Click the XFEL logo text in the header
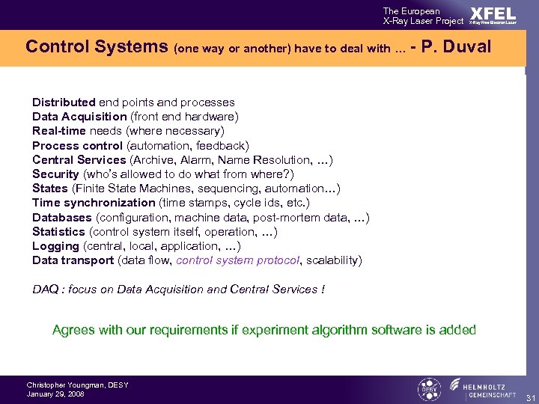(493, 14)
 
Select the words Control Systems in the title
(97, 47)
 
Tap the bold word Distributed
(64, 102)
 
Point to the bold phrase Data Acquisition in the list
(79, 117)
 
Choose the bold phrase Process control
(78, 145)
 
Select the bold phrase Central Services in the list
(79, 159)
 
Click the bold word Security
(55, 174)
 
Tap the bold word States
(50, 189)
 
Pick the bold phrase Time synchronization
(94, 203)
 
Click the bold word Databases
(62, 218)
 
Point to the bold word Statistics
(58, 232)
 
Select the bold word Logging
(55, 246)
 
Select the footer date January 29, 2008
(55, 394)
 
